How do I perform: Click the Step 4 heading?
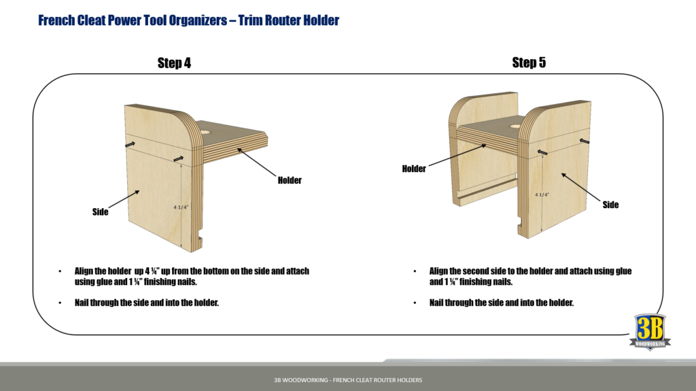(174, 63)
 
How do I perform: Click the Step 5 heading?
(529, 63)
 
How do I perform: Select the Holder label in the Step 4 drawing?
(290, 180)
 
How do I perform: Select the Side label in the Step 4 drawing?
(100, 212)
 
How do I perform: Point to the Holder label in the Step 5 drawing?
(413, 169)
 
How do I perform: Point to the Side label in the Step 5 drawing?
(610, 205)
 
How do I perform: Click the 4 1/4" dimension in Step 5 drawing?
(542, 194)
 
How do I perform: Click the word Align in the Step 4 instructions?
(86, 271)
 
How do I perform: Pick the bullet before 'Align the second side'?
(415, 271)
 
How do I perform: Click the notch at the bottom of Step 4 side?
(201, 240)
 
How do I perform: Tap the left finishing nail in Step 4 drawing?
(129, 144)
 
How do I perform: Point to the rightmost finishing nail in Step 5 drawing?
(582, 141)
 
